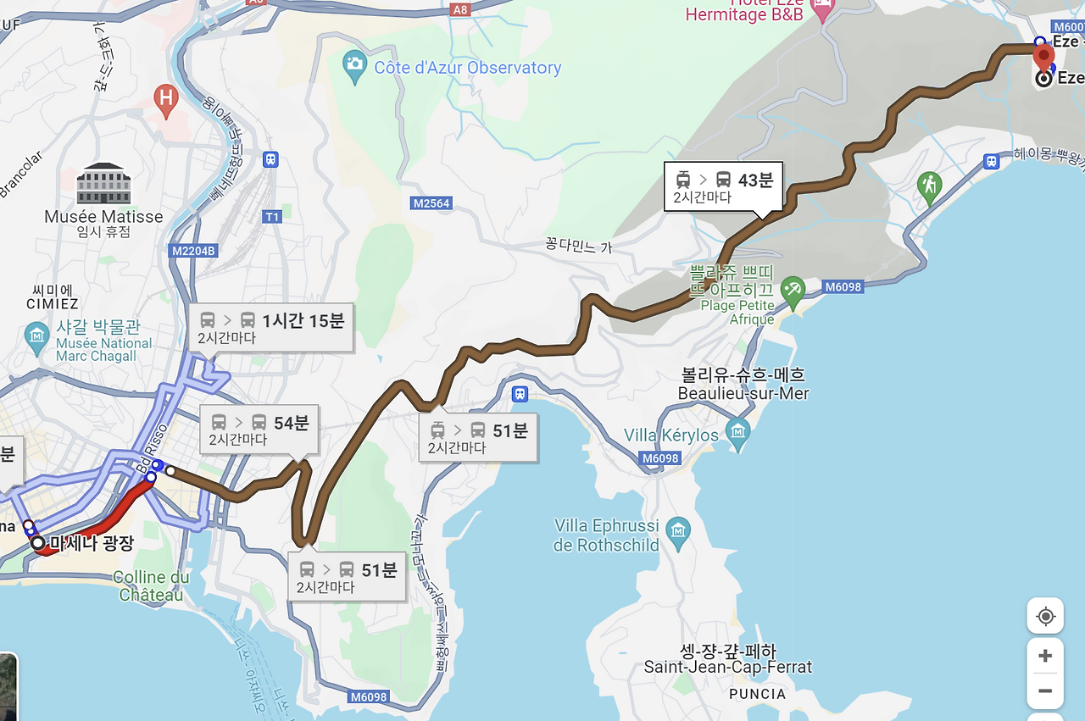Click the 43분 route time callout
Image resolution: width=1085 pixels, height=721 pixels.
[722, 187]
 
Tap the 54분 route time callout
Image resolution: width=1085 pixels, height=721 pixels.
[259, 430]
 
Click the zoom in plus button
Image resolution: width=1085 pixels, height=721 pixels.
[1045, 656]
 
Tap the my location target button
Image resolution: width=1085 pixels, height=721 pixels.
[1045, 616]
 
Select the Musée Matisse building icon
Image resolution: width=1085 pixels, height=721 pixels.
[103, 184]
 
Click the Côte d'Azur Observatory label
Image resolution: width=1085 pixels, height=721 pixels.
[467, 68]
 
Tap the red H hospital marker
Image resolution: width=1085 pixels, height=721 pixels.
[165, 100]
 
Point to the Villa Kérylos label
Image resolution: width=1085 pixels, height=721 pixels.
[670, 435]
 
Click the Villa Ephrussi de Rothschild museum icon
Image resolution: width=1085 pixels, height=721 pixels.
[677, 531]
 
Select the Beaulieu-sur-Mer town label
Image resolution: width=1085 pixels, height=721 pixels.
[743, 385]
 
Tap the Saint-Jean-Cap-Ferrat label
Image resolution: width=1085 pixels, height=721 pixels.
[727, 660]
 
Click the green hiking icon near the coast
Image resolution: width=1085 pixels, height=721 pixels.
[930, 185]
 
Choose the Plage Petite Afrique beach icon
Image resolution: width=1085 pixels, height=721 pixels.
[793, 290]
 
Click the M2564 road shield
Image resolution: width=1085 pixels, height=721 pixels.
[431, 203]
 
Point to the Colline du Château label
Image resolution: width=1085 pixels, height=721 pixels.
[152, 586]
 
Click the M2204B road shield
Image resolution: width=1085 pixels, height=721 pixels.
[193, 251]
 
